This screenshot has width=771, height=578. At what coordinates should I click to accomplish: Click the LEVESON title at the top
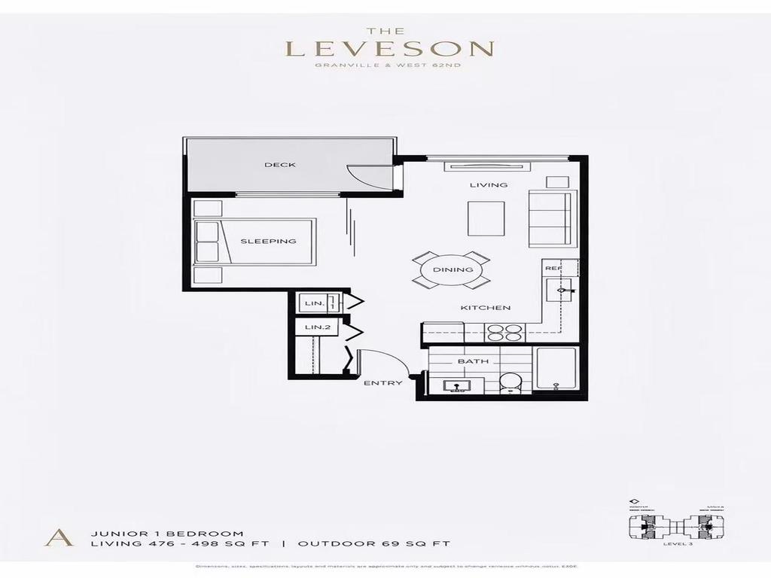(389, 50)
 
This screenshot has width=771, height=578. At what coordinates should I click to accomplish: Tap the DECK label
(279, 165)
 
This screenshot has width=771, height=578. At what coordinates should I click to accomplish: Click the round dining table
(453, 269)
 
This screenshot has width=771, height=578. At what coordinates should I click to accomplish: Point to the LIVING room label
(489, 184)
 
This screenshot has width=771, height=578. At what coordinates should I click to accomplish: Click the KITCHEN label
(486, 308)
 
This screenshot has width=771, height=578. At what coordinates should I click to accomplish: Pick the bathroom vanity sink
(453, 386)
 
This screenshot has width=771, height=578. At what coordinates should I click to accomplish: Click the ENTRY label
(382, 383)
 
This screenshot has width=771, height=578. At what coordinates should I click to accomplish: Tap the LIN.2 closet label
(317, 328)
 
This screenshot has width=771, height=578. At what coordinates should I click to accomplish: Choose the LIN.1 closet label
(315, 303)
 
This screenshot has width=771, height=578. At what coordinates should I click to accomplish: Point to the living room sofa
(550, 218)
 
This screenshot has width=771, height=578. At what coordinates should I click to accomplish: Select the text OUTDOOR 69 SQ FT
(373, 543)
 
